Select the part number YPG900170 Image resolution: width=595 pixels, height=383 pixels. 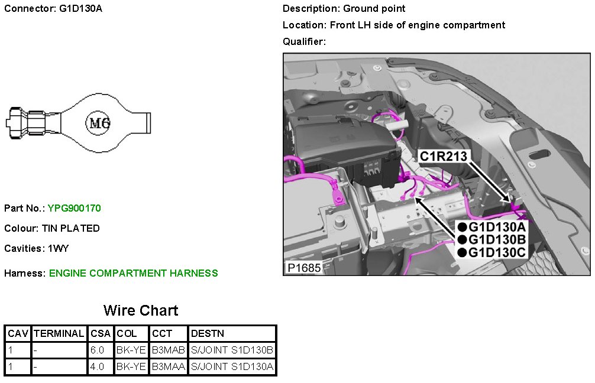[75, 208]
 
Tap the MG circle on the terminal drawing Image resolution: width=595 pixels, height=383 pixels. [99, 123]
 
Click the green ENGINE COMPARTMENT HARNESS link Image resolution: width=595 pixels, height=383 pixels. [133, 273]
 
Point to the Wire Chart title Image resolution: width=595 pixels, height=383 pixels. [141, 310]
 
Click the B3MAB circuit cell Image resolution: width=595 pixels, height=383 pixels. [169, 350]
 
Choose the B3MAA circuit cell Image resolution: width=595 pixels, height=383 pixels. [169, 367]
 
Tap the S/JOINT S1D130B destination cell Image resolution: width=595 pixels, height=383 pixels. [232, 350]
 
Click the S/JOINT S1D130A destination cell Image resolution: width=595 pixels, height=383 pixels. [232, 367]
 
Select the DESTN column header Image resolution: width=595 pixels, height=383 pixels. [207, 333]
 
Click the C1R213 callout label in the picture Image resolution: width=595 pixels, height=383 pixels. [444, 156]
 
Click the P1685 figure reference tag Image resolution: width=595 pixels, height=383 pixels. [304, 268]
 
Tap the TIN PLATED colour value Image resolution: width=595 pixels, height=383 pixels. [70, 228]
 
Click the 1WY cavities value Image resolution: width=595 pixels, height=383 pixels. [59, 248]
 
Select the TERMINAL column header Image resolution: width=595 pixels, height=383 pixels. [59, 333]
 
